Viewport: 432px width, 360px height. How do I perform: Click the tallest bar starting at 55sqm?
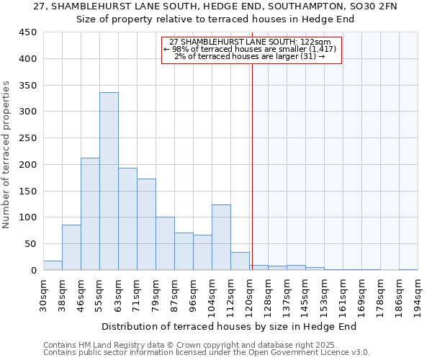coord(109,181)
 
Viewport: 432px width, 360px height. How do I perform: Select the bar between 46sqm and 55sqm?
coord(90,214)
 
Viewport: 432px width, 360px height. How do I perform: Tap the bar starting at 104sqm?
coord(221,238)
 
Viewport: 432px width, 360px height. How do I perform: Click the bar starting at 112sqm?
coord(240,261)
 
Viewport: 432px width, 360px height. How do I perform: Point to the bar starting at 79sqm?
coord(165,243)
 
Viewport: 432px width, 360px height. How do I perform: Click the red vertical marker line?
coord(252,180)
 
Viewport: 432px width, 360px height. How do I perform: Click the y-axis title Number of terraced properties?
coord(7,155)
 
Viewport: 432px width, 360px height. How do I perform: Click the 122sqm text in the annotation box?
coord(317,42)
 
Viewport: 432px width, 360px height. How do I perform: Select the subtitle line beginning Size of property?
coord(215,19)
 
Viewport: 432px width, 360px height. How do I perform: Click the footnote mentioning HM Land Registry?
coord(206,345)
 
